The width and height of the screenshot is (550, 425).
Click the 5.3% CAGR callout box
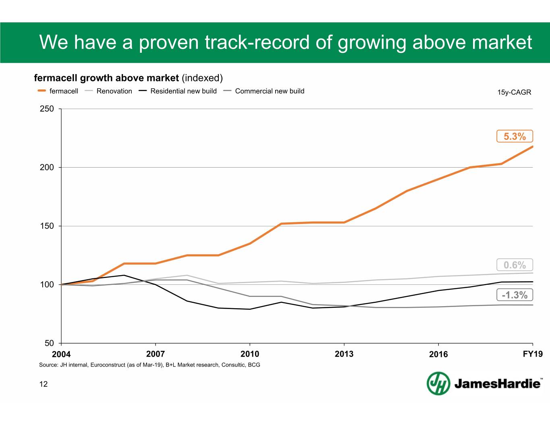[515, 137]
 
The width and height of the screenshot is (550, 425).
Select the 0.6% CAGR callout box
[515, 265]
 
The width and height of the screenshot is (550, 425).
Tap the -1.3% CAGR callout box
[515, 295]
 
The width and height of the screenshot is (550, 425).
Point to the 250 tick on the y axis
[47, 109]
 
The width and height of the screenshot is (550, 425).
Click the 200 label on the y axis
[47, 167]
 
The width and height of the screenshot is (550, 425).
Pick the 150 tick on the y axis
[47, 226]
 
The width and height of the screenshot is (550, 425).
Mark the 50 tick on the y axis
[49, 343]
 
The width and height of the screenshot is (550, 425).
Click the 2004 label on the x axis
[61, 354]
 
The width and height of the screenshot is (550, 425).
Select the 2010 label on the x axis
[250, 354]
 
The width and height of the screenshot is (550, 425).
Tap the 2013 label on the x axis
[344, 354]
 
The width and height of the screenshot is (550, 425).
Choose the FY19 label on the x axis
[533, 354]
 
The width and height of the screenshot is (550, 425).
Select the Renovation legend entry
[114, 91]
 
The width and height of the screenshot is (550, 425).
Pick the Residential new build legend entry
[183, 91]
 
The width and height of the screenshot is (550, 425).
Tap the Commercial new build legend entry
[270, 91]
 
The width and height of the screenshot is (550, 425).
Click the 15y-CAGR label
[514, 92]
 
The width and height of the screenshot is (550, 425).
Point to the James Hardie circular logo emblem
[438, 383]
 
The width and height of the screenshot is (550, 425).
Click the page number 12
[43, 384]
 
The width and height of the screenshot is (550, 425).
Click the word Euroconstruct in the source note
[108, 365]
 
